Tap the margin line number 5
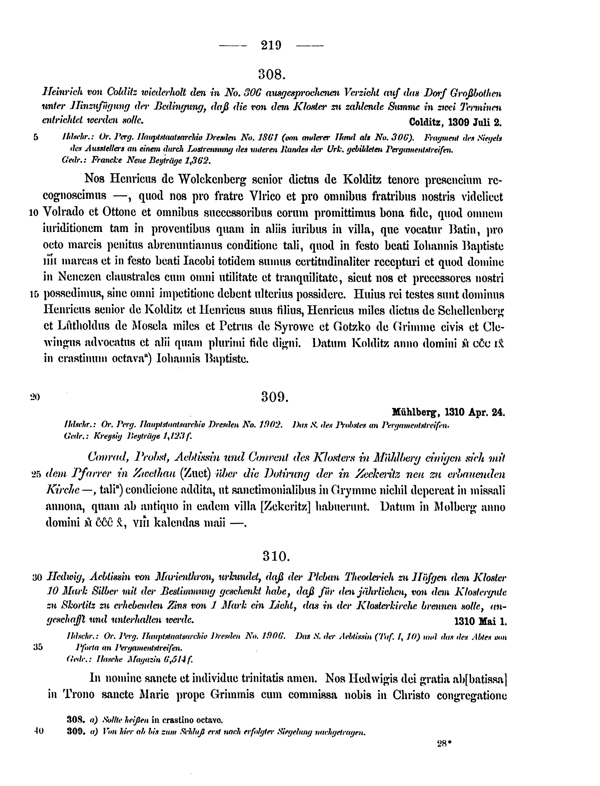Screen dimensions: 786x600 (x=36, y=137)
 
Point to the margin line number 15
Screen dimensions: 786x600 (x=35, y=294)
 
